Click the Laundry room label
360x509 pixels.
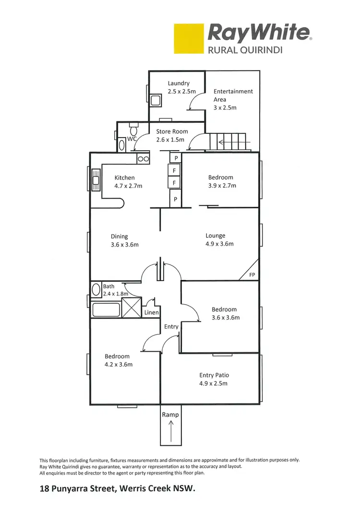(x=178, y=83)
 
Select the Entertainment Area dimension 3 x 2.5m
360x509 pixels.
(x=225, y=108)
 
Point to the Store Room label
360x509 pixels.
(x=172, y=131)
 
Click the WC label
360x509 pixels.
(x=132, y=139)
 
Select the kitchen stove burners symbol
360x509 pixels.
(x=143, y=159)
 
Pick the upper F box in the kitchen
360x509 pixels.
(x=175, y=170)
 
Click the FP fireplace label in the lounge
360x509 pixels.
(x=252, y=275)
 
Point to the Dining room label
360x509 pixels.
(x=120, y=236)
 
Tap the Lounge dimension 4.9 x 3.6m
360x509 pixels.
(x=219, y=244)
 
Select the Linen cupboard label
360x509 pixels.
(x=151, y=313)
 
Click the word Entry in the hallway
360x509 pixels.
(x=171, y=327)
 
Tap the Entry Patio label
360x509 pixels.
(x=214, y=375)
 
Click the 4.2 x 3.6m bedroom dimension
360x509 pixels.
(x=119, y=365)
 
